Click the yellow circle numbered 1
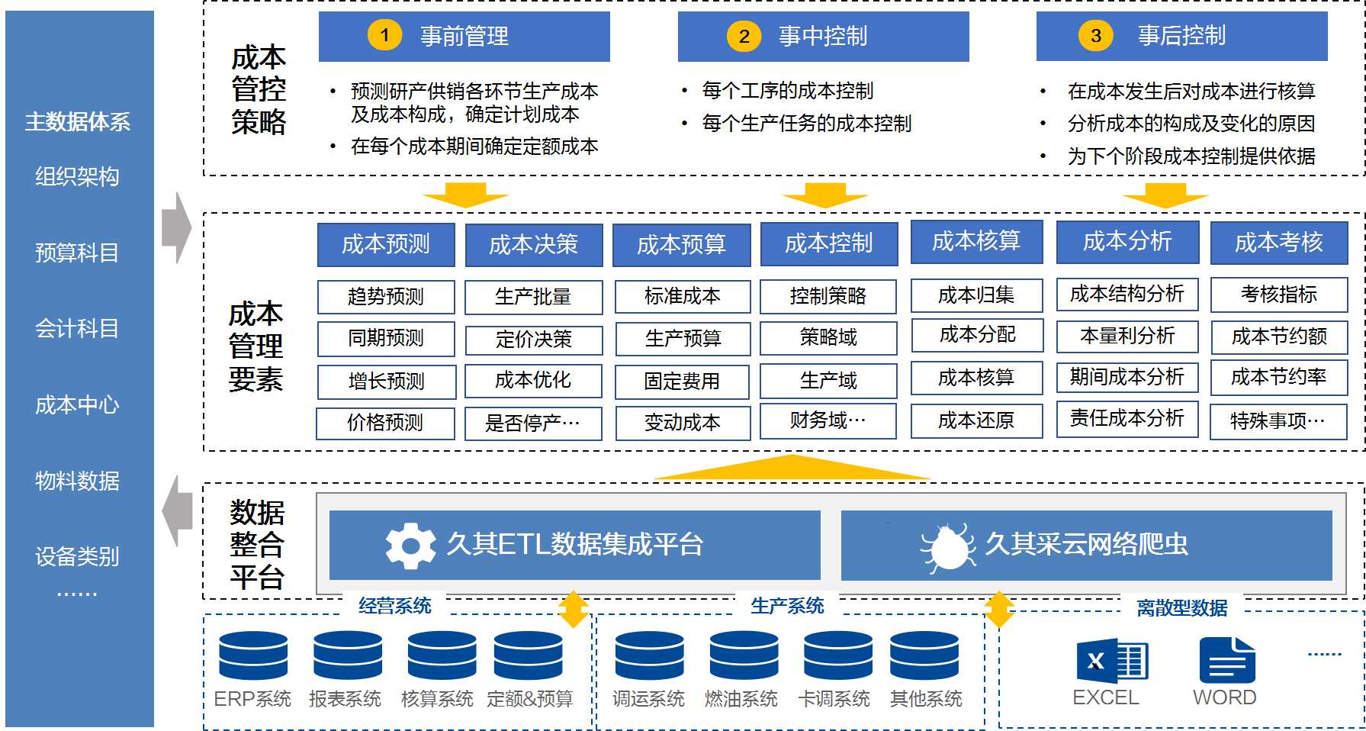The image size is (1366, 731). tap(384, 35)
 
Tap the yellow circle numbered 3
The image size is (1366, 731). tap(1095, 36)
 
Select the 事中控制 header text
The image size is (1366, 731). tap(822, 36)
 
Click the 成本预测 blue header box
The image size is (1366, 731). tap(386, 244)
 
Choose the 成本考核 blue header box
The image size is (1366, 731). tap(1278, 243)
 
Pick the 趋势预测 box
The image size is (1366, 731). tap(386, 296)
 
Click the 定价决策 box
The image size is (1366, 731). tap(533, 339)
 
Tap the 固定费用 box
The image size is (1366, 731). tap(682, 381)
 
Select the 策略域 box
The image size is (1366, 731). tap(828, 337)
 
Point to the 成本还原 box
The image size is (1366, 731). tap(976, 420)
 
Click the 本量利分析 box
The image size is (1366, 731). tap(1127, 336)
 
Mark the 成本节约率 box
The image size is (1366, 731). tap(1278, 377)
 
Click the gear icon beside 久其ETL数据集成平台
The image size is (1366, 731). tap(410, 545)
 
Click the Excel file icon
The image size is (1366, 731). tap(1110, 661)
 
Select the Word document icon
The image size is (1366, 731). tap(1226, 661)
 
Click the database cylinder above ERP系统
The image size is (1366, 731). tap(253, 655)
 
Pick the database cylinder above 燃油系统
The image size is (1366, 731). tap(744, 655)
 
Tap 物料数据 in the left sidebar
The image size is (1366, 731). tap(77, 481)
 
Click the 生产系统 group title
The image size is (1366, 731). tap(787, 606)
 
